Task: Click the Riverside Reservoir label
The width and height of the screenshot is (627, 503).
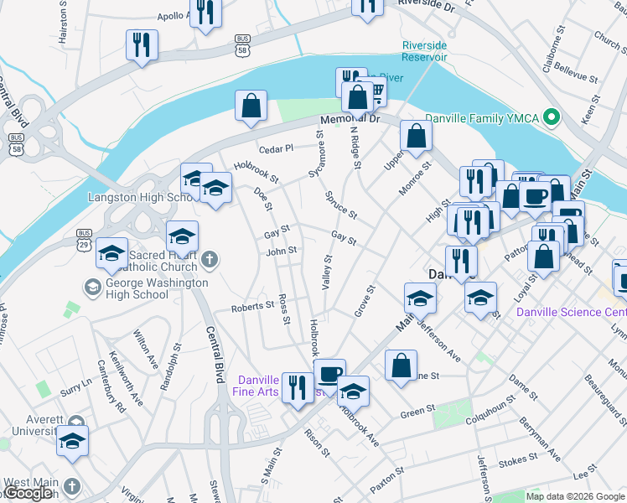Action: point(424,51)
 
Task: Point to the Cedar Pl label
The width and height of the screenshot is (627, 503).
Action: point(276,148)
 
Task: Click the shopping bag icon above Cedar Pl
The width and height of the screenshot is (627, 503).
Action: point(251,106)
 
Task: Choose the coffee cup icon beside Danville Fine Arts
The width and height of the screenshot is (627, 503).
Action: point(329,372)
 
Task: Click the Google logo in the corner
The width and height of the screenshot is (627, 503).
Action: point(28,493)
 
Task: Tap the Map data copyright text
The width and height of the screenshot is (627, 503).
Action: point(575,496)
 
